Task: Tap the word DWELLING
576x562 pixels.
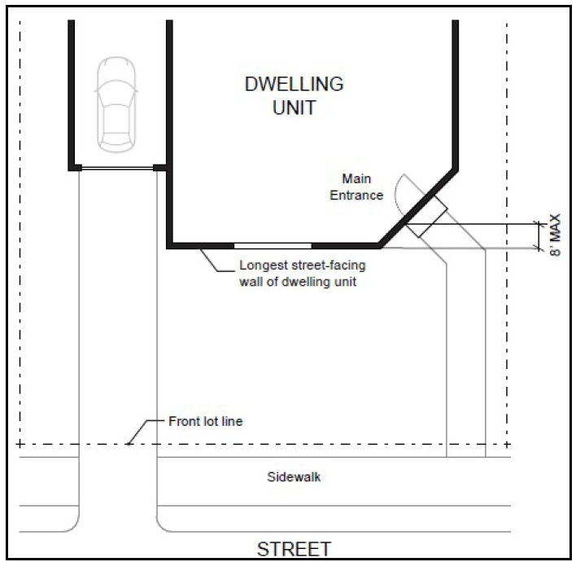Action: [294, 85]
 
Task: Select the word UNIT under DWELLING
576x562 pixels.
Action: [294, 108]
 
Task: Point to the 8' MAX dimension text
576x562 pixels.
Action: [556, 235]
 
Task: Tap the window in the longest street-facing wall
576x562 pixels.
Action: [273, 244]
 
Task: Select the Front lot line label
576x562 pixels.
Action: [205, 422]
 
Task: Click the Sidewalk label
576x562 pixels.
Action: [294, 477]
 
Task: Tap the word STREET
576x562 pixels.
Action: [294, 547]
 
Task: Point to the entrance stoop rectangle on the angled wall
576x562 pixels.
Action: [426, 218]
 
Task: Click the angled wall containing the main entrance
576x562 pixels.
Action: [415, 207]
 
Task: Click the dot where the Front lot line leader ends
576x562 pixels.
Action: [128, 445]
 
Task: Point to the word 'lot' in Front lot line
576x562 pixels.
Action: [207, 422]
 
